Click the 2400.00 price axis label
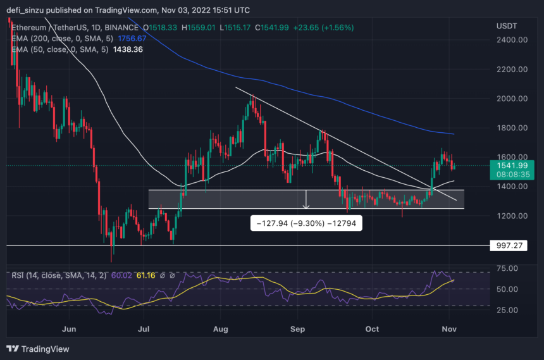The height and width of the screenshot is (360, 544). (512, 40)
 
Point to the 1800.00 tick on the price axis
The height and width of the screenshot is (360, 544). (512, 128)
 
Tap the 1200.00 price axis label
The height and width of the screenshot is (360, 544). (512, 216)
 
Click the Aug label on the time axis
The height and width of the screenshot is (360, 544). (220, 329)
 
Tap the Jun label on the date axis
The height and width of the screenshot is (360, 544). (70, 329)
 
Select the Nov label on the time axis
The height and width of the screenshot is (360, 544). (449, 329)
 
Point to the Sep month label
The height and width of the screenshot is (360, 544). (298, 329)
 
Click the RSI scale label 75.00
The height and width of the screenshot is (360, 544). (508, 268)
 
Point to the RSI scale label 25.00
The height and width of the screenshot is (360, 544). (508, 310)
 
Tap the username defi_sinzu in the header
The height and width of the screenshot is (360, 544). (31, 11)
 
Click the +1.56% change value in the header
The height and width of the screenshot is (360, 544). (340, 28)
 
